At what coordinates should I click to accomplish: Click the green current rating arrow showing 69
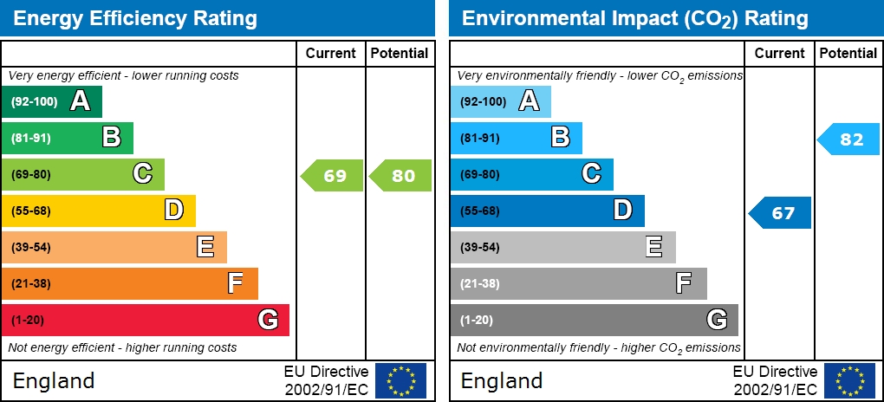332,176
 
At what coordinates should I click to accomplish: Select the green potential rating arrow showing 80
400,176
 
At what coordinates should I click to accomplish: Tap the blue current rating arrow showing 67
780,212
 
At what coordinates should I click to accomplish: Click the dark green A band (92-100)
52,101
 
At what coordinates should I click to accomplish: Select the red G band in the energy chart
145,320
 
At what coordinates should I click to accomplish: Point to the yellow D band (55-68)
98,211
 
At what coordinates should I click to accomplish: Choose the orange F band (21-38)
129,283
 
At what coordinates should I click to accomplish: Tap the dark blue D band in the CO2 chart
547,211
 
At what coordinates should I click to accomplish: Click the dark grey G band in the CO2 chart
594,320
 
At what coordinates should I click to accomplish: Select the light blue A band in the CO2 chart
500,101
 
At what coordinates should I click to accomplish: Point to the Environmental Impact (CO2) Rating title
634,18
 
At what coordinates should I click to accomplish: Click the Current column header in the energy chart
331,53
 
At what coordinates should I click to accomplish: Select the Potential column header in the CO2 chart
848,53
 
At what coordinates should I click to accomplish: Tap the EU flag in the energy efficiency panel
400,380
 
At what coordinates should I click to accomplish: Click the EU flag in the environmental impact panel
849,380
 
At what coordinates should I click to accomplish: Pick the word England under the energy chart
54,380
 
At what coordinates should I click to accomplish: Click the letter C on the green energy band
143,174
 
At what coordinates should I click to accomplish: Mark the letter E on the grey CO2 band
654,247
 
